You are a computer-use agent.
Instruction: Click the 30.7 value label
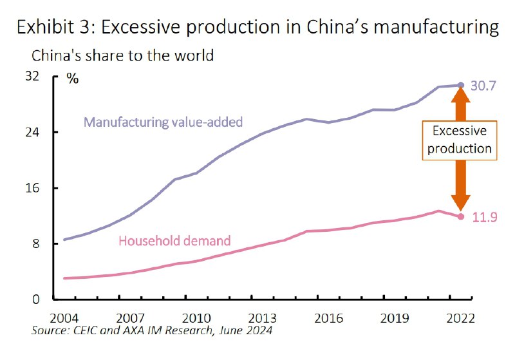483,85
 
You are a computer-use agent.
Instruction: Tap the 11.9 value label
483,217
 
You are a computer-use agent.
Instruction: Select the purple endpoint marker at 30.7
460,85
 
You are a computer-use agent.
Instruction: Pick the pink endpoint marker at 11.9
460,216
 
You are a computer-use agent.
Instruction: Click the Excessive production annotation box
460,140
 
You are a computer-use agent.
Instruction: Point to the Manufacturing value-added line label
163,121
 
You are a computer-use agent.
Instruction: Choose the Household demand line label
174,242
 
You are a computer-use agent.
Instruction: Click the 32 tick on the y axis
32,77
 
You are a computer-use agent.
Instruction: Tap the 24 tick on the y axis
32,132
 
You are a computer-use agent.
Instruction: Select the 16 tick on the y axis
32,188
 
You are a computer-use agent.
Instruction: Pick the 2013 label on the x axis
262,318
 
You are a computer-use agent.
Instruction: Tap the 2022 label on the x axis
460,318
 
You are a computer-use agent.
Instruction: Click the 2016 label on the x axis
328,318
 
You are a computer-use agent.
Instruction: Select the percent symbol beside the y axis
73,79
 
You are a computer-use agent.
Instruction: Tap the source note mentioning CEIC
151,332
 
